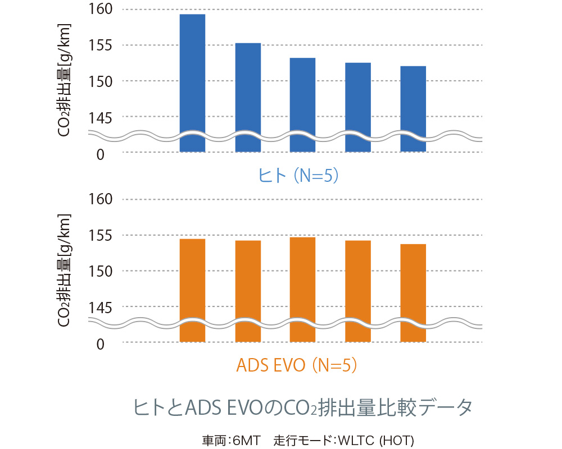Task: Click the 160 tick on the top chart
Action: pyautogui.click(x=101, y=10)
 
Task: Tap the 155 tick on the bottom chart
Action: pyautogui.click(x=101, y=235)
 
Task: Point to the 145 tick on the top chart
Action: pyautogui.click(x=101, y=118)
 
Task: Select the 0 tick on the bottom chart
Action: pyautogui.click(x=101, y=343)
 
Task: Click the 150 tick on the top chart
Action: pyautogui.click(x=101, y=82)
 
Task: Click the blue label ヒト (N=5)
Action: pyautogui.click(x=298, y=176)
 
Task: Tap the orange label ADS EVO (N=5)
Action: pyautogui.click(x=297, y=365)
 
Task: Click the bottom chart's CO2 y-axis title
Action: pyautogui.click(x=64, y=270)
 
